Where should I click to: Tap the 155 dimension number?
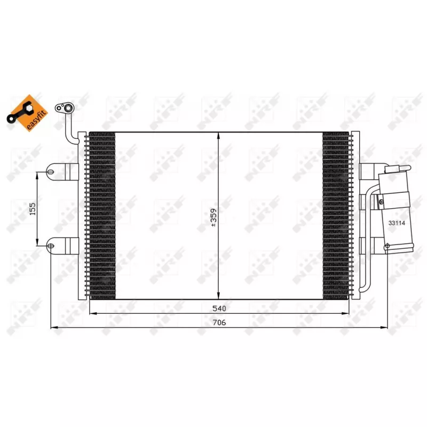(x=32, y=208)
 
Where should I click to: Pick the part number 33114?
(x=397, y=224)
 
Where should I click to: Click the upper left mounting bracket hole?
(x=50, y=172)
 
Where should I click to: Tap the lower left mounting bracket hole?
(x=50, y=246)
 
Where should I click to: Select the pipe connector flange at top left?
(x=66, y=109)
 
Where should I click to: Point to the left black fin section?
(x=102, y=216)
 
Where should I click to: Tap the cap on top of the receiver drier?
(x=395, y=169)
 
